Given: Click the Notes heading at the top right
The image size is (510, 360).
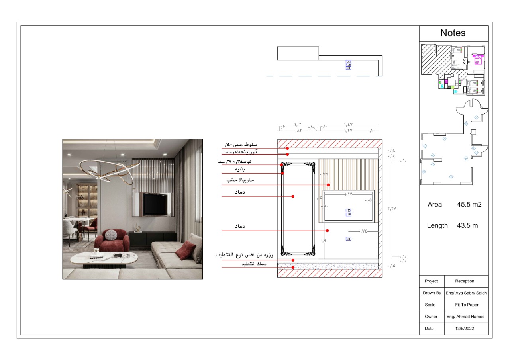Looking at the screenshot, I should tap(453, 33).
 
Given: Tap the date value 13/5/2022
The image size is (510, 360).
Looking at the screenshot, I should tap(466, 329).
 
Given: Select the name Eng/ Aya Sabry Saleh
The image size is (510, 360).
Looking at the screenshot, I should tap(466, 293).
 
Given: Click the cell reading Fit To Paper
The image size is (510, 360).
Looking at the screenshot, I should tap(466, 305).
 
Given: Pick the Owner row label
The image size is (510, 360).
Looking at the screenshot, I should tap(431, 317).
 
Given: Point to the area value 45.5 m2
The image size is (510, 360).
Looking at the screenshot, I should tap(469, 205).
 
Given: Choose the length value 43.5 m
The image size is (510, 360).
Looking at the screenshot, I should tap(467, 225).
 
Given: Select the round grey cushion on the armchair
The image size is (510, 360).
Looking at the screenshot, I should tap(111, 235).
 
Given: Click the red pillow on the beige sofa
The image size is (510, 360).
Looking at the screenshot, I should tap(185, 250).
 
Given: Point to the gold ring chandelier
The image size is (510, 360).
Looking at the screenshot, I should tap(107, 171).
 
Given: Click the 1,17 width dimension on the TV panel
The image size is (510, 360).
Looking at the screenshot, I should tap(349, 194).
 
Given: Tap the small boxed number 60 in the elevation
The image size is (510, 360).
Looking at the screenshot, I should tap(348, 239).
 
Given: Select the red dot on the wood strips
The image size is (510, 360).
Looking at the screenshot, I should tap(328, 185).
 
